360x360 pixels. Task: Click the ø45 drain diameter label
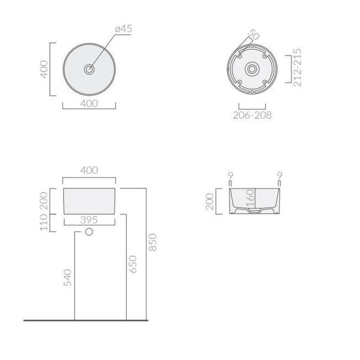[x=123, y=29]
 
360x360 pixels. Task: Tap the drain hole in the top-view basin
[x=89, y=69]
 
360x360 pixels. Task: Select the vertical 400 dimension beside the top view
[x=44, y=69]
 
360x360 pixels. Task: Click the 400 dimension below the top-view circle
[x=89, y=103]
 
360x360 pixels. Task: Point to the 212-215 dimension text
[x=297, y=67]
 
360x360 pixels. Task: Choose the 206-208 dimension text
[x=252, y=115]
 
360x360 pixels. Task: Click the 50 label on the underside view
[x=254, y=34]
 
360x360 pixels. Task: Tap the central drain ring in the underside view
[x=252, y=69]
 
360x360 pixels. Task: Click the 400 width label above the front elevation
[x=89, y=170]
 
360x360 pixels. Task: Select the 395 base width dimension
[x=89, y=220]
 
